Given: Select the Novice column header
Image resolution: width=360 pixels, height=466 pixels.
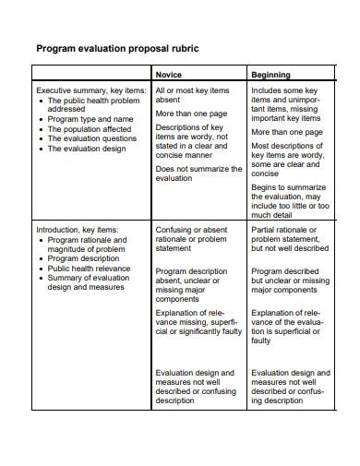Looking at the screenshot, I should tap(169, 75).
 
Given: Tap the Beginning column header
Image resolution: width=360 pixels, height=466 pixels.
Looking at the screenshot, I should tap(270, 75).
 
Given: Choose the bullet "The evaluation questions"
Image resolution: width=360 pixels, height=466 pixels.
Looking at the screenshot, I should tap(94, 138).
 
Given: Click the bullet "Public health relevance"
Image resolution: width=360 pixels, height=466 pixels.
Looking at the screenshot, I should tap(90, 269).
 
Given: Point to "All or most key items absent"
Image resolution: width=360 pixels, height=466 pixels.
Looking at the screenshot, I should tap(192, 96).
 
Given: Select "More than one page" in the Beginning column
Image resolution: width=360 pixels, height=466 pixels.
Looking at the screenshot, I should tap(287, 132).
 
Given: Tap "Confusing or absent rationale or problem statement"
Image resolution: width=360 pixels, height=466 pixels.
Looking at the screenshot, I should tap(192, 239).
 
